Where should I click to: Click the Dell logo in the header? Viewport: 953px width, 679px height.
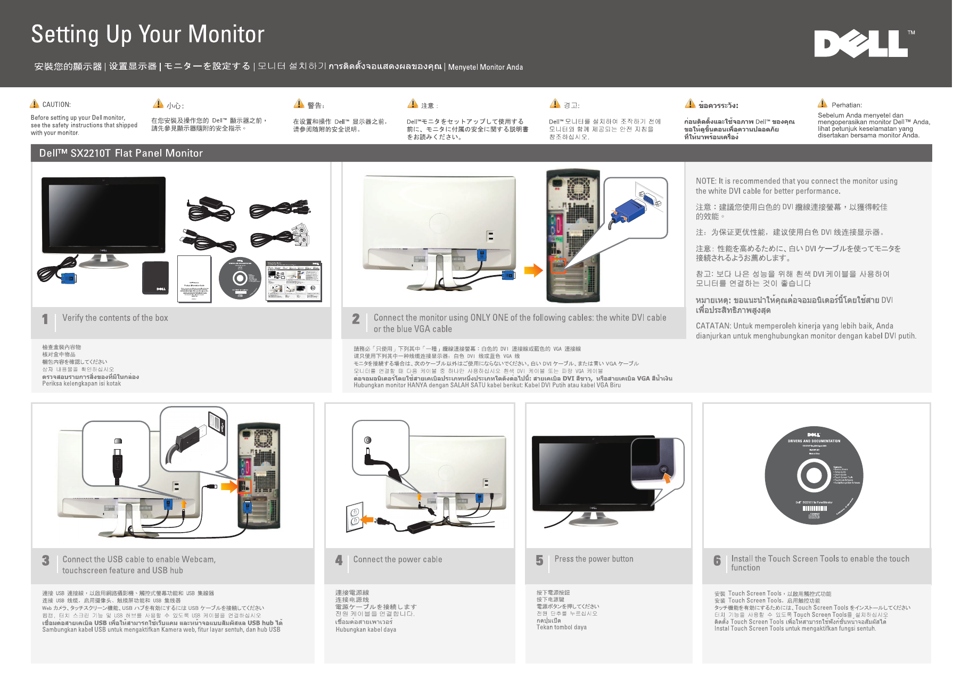click(861, 44)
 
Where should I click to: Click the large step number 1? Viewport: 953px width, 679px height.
click(45, 319)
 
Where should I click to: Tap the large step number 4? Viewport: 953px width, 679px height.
click(339, 560)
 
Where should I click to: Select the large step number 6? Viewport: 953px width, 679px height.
click(717, 560)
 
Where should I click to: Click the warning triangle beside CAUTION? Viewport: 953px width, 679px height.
click(35, 104)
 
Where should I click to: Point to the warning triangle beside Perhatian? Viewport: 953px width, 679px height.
click(823, 103)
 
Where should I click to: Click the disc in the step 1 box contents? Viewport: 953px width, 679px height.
click(240, 279)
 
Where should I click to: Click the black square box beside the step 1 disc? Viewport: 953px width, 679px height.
click(155, 278)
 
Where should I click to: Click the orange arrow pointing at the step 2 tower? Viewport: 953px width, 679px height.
click(533, 270)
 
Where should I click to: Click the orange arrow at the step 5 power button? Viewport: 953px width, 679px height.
click(667, 477)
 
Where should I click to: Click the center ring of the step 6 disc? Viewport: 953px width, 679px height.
click(813, 475)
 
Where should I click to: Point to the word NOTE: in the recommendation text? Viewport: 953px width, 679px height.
click(705, 181)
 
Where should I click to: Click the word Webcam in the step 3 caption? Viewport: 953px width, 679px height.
click(198, 559)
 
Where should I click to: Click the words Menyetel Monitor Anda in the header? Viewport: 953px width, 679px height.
click(485, 67)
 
